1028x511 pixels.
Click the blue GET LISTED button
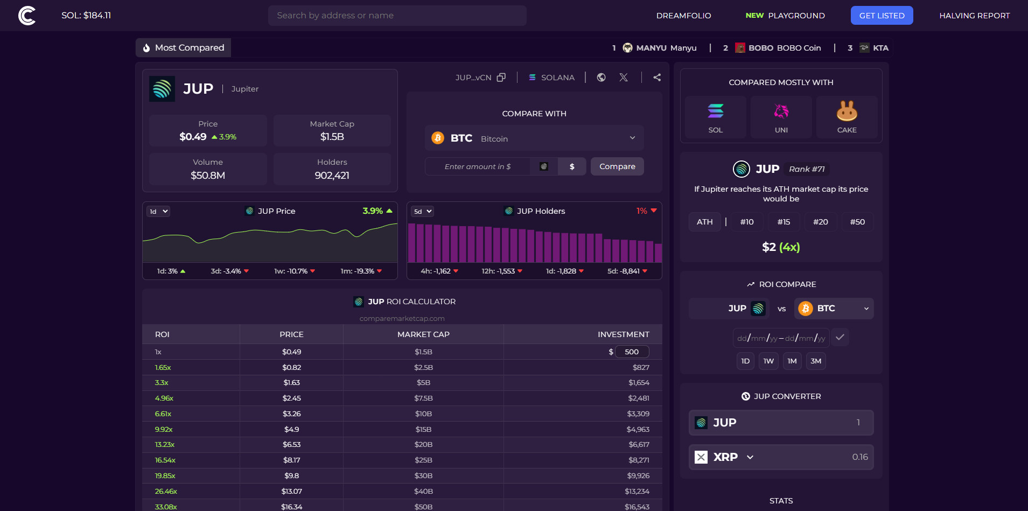[x=882, y=16]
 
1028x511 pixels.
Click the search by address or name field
[x=397, y=16]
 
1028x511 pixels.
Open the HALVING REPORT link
[x=974, y=16]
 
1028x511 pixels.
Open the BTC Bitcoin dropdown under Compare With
[x=534, y=138]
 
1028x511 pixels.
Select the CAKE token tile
[x=847, y=117]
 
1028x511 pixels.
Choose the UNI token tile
[x=781, y=117]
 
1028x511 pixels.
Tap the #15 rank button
[x=784, y=222]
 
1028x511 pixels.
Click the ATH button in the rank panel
[x=704, y=222]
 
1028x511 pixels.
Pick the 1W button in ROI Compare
[x=768, y=361]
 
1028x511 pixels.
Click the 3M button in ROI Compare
[x=816, y=361]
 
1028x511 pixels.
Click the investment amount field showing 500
[x=632, y=352]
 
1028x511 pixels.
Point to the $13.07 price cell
[x=291, y=491]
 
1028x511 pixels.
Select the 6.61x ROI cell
[x=163, y=414]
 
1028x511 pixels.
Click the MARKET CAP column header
[x=423, y=334]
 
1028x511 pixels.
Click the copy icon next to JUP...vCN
[x=501, y=78]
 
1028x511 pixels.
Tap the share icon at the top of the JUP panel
[x=657, y=78]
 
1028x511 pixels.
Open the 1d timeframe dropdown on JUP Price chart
[x=158, y=212]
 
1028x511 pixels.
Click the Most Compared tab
[x=183, y=48]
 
